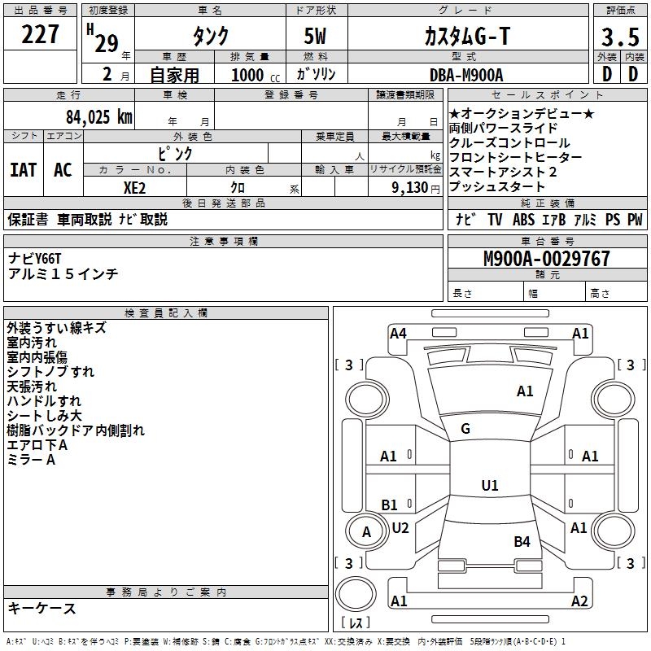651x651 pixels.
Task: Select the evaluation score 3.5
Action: [618, 37]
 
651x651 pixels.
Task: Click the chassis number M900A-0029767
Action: [546, 259]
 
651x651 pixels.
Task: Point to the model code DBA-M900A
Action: [466, 74]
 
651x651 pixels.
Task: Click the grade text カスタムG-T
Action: [466, 37]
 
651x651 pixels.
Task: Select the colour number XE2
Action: [135, 186]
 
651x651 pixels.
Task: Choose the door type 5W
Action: [317, 37]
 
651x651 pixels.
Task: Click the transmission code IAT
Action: [24, 170]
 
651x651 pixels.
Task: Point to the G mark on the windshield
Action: [465, 429]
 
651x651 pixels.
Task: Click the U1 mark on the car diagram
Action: [489, 486]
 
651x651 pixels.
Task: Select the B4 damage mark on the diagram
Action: [522, 541]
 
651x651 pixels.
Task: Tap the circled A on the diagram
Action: [366, 531]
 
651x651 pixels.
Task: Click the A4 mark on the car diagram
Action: [398, 333]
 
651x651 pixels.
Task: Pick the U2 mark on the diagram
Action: [400, 527]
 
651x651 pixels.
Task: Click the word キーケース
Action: [42, 608]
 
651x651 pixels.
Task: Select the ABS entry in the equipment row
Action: [523, 219]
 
